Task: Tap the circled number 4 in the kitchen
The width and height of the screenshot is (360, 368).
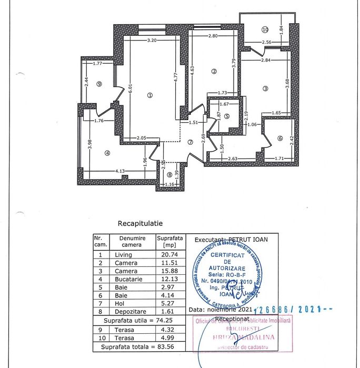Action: (x=107, y=153)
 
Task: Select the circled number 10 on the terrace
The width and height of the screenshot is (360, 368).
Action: (x=265, y=29)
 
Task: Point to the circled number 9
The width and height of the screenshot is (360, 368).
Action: (x=99, y=84)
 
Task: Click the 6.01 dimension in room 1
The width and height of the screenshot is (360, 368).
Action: (x=129, y=90)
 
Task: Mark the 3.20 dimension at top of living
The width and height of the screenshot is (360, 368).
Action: (x=153, y=40)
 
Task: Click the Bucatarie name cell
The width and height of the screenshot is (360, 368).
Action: (x=126, y=279)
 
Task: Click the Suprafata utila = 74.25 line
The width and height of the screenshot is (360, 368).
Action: (x=137, y=320)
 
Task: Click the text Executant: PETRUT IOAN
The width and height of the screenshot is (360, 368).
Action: (x=231, y=240)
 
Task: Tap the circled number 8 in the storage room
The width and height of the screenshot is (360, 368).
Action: (x=169, y=175)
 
